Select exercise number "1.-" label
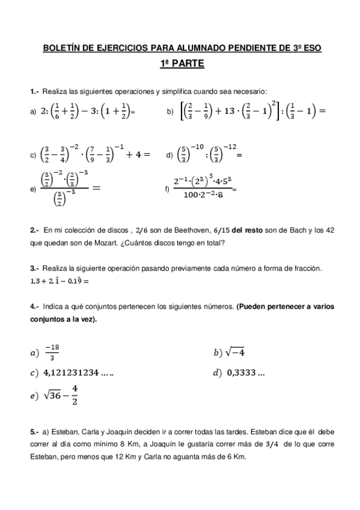pos(35,91)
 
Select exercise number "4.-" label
pos(35,306)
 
